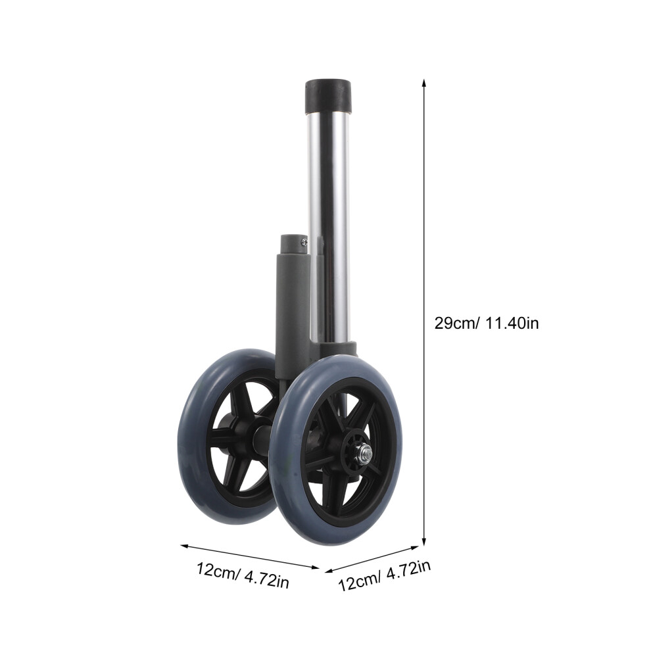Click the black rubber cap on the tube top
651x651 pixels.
[328, 97]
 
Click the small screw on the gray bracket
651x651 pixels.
[304, 241]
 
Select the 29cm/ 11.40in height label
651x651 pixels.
[487, 323]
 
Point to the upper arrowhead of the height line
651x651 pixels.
[424, 82]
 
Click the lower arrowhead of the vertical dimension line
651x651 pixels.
[424, 541]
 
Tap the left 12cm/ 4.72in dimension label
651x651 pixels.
[243, 575]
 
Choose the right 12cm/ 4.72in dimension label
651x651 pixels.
[385, 575]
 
